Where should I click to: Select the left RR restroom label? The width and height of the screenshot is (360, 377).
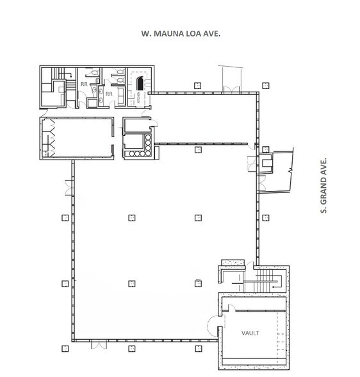83,84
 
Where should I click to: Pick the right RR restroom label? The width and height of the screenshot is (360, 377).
108,94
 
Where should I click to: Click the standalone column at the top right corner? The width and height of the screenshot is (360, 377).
263,83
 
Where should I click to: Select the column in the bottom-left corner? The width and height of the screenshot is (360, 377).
63,349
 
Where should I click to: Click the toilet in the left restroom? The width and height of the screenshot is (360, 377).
94,74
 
